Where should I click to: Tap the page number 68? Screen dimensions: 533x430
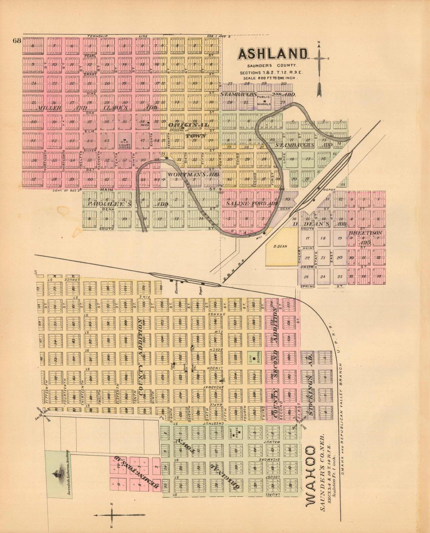click(17, 40)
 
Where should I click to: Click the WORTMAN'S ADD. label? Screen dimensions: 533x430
click(194, 175)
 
